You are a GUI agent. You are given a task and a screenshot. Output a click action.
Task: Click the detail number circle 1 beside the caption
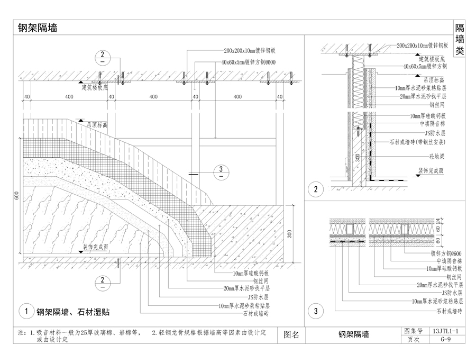point(25,312)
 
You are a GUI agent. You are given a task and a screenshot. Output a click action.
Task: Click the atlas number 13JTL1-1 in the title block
point(448,331)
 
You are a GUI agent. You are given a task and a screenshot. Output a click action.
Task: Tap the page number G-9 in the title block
point(448,340)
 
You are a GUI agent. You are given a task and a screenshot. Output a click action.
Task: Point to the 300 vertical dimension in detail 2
point(358,157)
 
